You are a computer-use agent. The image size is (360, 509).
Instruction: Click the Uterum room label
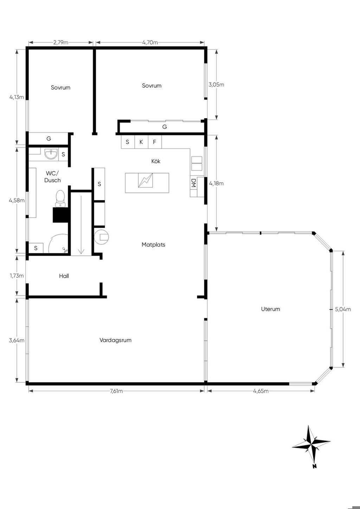pyautogui.click(x=270, y=309)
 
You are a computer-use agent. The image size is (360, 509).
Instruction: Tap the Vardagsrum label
pyautogui.click(x=115, y=340)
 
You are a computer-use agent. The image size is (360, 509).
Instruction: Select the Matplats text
pyautogui.click(x=153, y=245)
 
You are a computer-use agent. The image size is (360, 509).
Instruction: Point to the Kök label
pyautogui.click(x=156, y=161)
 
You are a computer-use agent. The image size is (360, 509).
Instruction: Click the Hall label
pyautogui.click(x=64, y=276)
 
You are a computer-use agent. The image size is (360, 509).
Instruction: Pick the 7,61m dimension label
pyautogui.click(x=116, y=391)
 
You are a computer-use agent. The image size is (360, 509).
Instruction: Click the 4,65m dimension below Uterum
pyautogui.click(x=261, y=391)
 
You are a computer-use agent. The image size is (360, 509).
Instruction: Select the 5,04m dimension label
pyautogui.click(x=343, y=309)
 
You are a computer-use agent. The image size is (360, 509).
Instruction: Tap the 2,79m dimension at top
pyautogui.click(x=61, y=43)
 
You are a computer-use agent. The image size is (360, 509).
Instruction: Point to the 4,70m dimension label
pyautogui.click(x=150, y=43)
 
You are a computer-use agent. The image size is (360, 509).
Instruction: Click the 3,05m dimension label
pyautogui.click(x=216, y=85)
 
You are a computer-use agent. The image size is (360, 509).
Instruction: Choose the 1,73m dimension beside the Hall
pyautogui.click(x=17, y=276)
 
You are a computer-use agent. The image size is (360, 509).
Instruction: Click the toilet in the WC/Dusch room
pyautogui.click(x=60, y=199)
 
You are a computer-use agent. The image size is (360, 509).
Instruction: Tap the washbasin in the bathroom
pyautogui.click(x=51, y=154)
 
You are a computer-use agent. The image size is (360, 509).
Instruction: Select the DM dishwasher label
pyautogui.click(x=193, y=183)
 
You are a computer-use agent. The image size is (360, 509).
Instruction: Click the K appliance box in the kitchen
pyautogui.click(x=141, y=142)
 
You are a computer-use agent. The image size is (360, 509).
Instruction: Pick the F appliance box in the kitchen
pyautogui.click(x=155, y=142)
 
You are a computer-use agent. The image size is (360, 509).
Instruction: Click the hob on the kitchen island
pyautogui.click(x=146, y=180)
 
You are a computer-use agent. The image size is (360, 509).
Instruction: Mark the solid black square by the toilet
pyautogui.click(x=61, y=215)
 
